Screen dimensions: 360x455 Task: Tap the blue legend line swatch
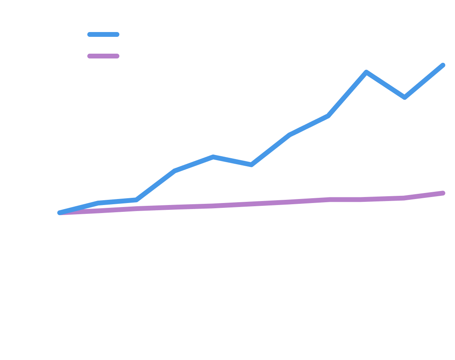tap(103, 34)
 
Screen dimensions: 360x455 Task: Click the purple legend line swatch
tap(103, 56)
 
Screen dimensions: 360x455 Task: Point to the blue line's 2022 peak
tap(366, 72)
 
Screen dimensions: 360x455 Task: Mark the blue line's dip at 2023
tap(404, 97)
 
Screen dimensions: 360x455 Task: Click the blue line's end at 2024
tap(442, 65)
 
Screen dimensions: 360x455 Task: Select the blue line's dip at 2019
tap(251, 165)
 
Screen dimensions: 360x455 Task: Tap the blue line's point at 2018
tap(213, 157)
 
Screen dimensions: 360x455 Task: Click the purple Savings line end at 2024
tap(442, 193)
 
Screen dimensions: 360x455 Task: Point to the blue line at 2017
tap(175, 171)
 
